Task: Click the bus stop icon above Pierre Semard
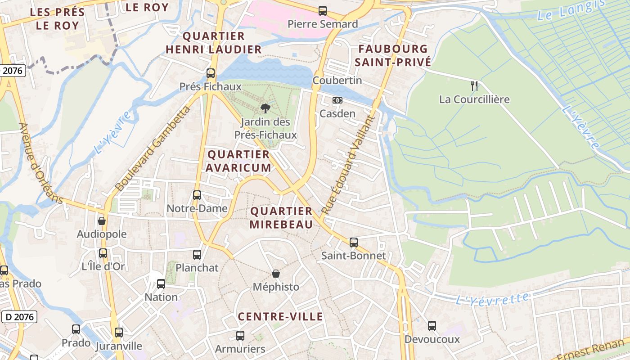[x=323, y=11]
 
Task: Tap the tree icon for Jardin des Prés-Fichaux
[x=265, y=108]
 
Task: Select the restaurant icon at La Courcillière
[x=474, y=85]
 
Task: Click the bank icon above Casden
[x=337, y=100]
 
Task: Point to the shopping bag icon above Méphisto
[x=276, y=274]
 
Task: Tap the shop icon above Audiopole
[x=102, y=221]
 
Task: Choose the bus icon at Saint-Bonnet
[x=354, y=243]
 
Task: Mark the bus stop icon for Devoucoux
[x=432, y=326]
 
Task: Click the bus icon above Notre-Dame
[x=197, y=195]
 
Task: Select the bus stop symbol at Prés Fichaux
[x=211, y=73]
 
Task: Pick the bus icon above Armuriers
[x=240, y=336]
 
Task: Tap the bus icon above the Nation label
[x=161, y=284]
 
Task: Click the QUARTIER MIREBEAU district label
[x=281, y=217]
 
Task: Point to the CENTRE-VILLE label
[x=280, y=317]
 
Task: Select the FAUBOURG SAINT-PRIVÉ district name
[x=393, y=55]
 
